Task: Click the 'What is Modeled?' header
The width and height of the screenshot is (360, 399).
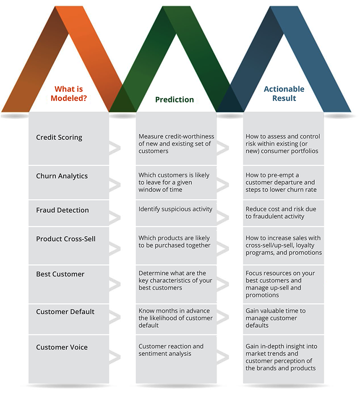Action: pyautogui.click(x=69, y=94)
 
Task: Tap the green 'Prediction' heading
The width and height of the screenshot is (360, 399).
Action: pyautogui.click(x=174, y=100)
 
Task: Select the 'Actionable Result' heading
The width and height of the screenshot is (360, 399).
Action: pyautogui.click(x=284, y=94)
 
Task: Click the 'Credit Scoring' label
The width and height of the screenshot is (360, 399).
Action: pyautogui.click(x=59, y=138)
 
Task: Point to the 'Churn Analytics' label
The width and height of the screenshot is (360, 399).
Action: pyautogui.click(x=62, y=176)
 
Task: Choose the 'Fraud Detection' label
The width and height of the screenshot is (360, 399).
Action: pyautogui.click(x=62, y=210)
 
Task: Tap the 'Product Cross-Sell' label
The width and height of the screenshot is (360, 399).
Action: pyautogui.click(x=66, y=239)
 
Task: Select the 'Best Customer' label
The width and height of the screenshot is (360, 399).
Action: pyautogui.click(x=60, y=274)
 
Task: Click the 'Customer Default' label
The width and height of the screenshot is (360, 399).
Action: pyautogui.click(x=65, y=312)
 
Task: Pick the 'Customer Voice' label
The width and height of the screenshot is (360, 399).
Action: pyautogui.click(x=62, y=347)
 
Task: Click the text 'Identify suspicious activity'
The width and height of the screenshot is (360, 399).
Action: pyautogui.click(x=176, y=209)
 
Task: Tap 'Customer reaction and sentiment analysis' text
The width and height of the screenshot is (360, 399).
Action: pyautogui.click(x=171, y=350)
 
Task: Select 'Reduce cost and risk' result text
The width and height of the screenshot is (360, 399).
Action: pyautogui.click(x=281, y=213)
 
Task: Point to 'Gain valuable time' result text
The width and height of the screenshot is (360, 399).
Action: pyautogui.click(x=276, y=318)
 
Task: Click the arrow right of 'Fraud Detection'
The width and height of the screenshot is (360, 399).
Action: pyautogui.click(x=115, y=218)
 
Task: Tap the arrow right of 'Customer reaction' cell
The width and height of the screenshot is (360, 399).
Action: pyautogui.click(x=223, y=357)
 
